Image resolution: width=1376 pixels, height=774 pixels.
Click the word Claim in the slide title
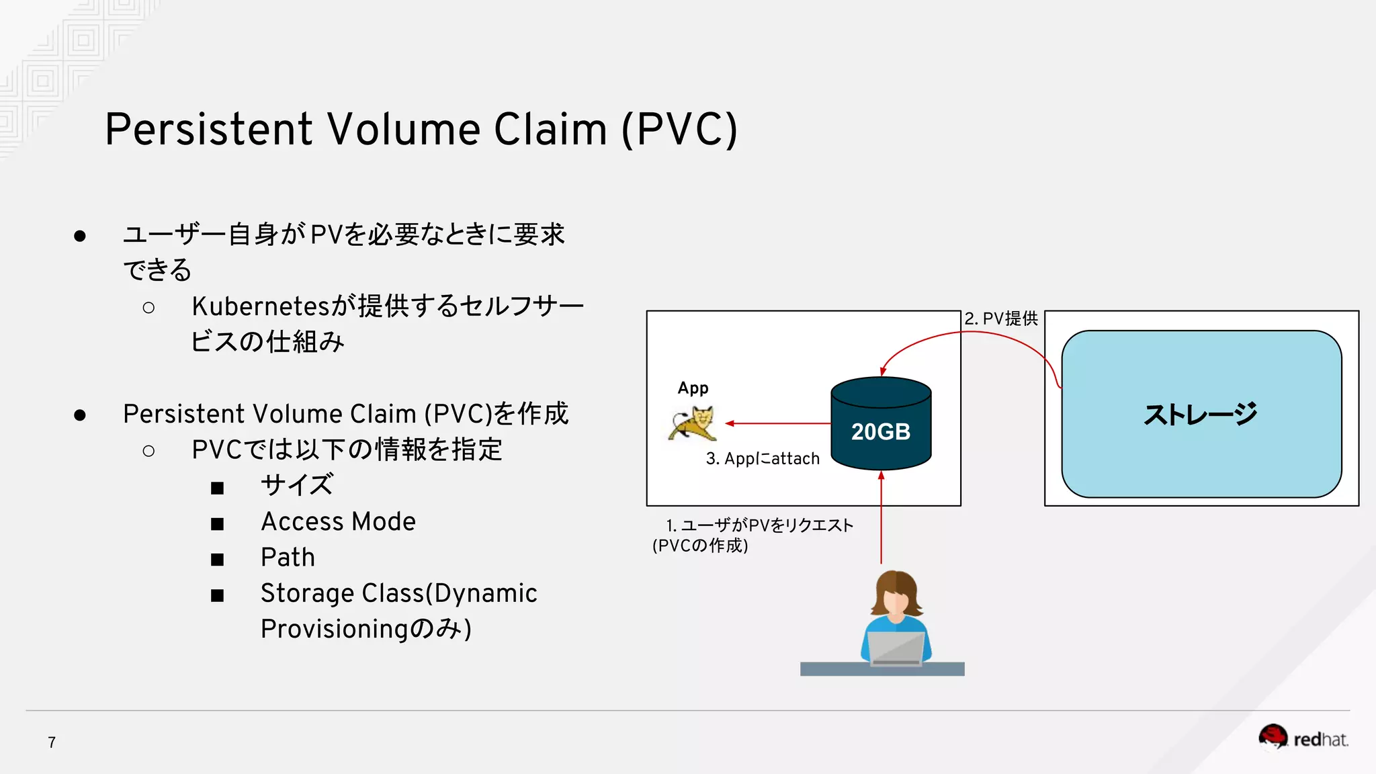(550, 129)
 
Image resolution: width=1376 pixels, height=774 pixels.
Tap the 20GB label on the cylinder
(880, 431)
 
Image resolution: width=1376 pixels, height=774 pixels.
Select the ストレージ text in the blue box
(1200, 415)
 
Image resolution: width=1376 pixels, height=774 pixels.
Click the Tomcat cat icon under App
(693, 423)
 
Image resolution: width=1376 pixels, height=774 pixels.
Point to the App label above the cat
(693, 388)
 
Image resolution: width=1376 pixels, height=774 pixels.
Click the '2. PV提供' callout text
(1000, 318)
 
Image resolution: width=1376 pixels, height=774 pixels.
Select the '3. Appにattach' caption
(763, 459)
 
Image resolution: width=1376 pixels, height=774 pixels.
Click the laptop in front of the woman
(896, 648)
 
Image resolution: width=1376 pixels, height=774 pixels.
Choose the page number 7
(52, 742)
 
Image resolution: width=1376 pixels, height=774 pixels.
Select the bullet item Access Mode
(338, 522)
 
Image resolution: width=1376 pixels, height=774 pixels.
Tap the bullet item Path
(288, 558)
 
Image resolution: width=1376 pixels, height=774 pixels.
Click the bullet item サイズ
(296, 485)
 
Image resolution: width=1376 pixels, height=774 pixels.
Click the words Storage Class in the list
(342, 593)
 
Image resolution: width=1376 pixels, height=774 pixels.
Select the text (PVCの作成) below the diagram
(700, 546)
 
